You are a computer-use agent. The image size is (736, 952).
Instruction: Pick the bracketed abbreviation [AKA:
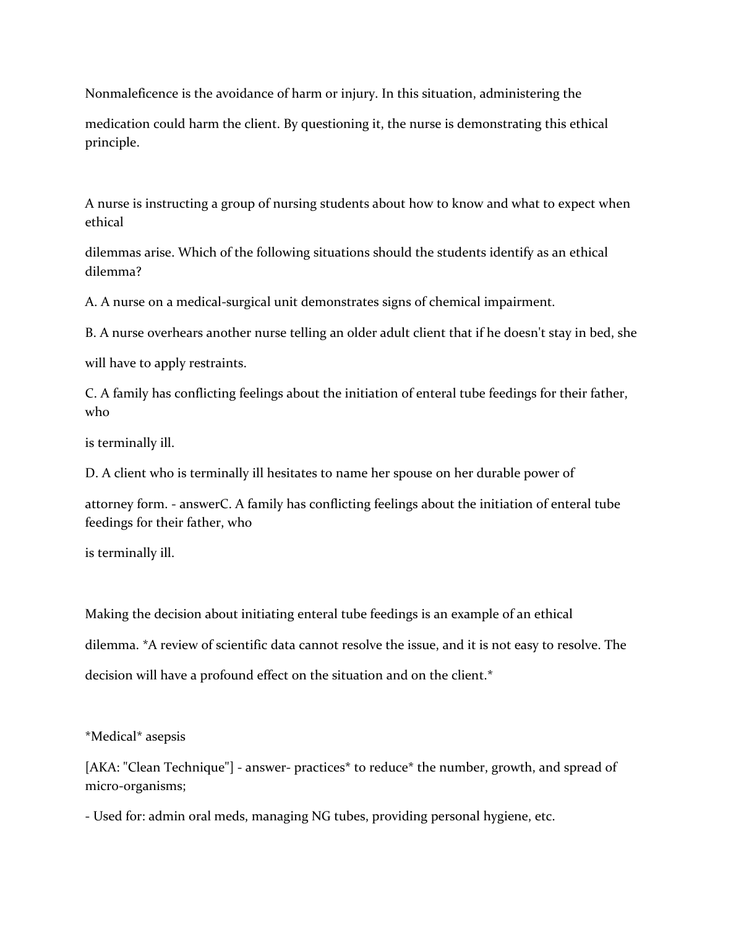tap(102, 768)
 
